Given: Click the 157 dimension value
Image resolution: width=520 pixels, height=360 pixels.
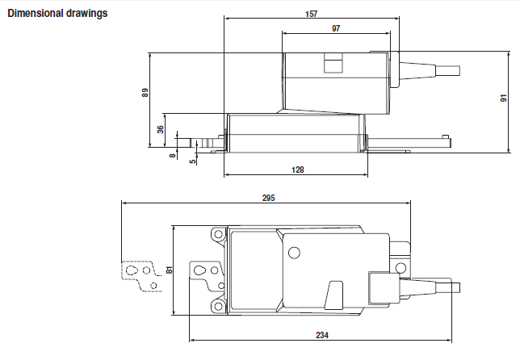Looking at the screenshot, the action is coord(312,14).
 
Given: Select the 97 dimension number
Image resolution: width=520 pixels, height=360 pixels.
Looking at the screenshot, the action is coord(336,28).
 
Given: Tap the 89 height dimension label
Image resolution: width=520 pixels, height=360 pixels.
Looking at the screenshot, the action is coord(145,93).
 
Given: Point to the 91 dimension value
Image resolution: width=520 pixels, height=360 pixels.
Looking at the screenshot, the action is coord(504,98).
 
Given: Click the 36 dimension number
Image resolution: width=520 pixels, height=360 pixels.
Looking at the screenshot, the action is coord(160,129).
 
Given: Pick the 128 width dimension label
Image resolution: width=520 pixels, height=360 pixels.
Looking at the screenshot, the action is coord(297,170).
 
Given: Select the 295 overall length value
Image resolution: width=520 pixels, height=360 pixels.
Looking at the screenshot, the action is coord(269,198).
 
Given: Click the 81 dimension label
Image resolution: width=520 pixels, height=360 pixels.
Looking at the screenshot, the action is coord(169,270).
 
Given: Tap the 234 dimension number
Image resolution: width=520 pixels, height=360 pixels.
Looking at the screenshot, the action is coord(322,335).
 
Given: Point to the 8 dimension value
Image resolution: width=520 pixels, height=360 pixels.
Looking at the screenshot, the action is coord(173,155).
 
